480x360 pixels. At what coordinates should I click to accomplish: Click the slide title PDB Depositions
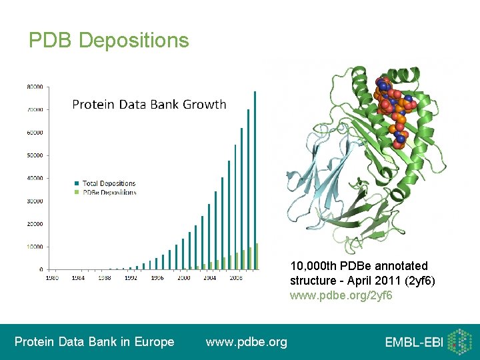109,41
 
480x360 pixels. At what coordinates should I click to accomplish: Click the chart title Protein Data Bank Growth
149,105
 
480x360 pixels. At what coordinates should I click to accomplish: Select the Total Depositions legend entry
110,183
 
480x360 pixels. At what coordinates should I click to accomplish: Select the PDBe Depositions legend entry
110,192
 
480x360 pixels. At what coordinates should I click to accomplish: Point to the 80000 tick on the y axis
35,87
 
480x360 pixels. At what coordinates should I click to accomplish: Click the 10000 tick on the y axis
35,247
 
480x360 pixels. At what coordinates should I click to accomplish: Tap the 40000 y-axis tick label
35,178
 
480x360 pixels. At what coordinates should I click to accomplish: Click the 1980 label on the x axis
52,277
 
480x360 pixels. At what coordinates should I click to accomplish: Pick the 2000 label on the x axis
183,277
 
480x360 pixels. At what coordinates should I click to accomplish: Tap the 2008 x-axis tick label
235,277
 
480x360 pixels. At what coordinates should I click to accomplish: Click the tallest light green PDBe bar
257,257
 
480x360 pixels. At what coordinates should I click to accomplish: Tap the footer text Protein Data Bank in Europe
94,342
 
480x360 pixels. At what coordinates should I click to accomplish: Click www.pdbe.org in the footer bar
246,342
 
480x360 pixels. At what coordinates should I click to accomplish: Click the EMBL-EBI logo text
413,343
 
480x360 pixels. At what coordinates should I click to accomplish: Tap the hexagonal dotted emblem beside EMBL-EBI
459,341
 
